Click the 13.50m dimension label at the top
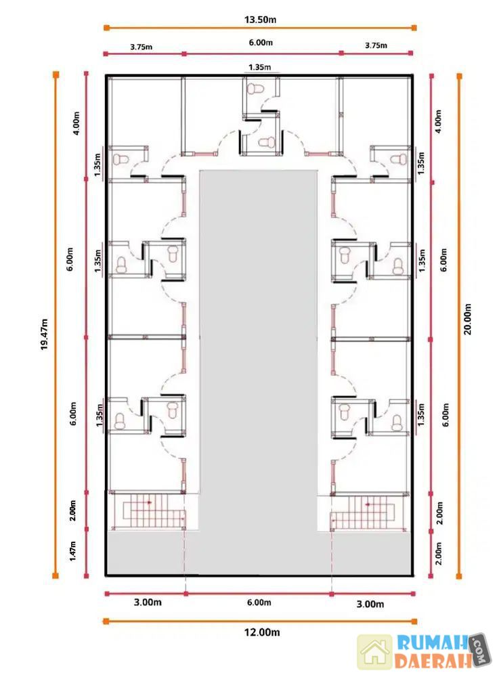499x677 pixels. [x=260, y=20]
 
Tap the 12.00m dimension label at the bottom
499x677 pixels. [x=262, y=632]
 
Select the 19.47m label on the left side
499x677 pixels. [x=45, y=334]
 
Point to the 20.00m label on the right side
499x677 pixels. [x=467, y=319]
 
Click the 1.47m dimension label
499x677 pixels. [x=72, y=551]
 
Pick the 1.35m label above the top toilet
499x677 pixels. [x=260, y=67]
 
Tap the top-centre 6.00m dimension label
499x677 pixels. [x=261, y=42]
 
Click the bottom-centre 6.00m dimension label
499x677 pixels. [x=259, y=603]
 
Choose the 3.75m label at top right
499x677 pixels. [x=376, y=45]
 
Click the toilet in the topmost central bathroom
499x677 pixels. [x=255, y=89]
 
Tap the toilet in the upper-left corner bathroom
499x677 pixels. [x=121, y=159]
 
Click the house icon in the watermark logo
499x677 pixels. [x=374, y=651]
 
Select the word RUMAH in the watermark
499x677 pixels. [x=433, y=642]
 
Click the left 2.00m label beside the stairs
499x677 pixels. [x=72, y=510]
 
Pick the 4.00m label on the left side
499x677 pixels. [x=77, y=123]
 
